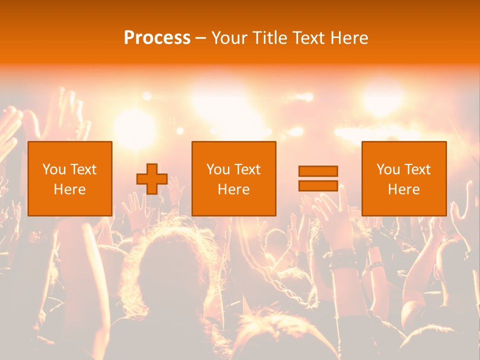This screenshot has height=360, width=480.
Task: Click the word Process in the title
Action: coord(157,37)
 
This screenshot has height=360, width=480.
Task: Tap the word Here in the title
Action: coord(348,37)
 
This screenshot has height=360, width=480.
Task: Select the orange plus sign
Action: coord(152,179)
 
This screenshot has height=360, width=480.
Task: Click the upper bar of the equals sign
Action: coord(318,171)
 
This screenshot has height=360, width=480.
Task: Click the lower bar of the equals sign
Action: coord(318,185)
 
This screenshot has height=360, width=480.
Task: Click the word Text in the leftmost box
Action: coord(83,169)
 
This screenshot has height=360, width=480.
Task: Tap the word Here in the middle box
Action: coord(234,189)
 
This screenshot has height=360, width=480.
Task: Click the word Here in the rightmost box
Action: coord(404,189)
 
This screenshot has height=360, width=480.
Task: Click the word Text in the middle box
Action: coord(247,169)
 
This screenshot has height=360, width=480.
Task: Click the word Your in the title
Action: coord(228,37)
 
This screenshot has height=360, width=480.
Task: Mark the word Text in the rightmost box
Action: coord(417,169)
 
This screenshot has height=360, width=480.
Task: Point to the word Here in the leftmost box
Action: coord(70,189)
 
